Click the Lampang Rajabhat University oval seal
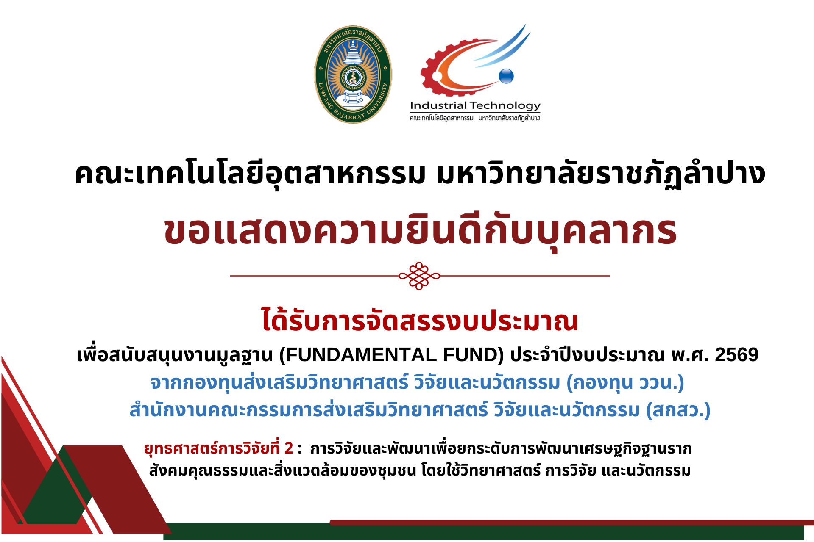[353, 75]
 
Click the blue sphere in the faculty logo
[506, 76]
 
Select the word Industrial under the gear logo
[438, 105]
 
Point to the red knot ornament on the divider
[419, 276]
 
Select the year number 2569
[737, 355]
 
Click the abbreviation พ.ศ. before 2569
[690, 355]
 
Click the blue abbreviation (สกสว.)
[678, 410]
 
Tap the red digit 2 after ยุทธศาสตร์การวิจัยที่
[289, 448]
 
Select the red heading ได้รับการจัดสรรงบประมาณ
[420, 321]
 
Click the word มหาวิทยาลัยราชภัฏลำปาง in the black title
[601, 174]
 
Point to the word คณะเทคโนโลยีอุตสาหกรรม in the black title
[250, 174]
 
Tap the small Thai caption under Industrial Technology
[475, 118]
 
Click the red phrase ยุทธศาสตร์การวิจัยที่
[212, 448]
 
